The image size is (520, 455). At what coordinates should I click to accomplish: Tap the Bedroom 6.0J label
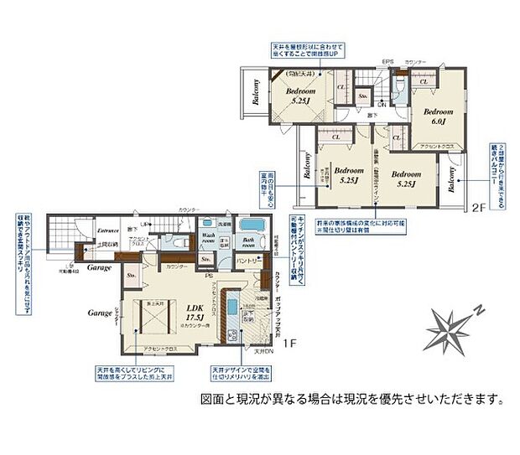tap(436, 116)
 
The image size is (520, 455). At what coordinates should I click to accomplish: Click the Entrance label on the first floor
tap(107, 229)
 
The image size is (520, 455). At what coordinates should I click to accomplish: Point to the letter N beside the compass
tap(477, 310)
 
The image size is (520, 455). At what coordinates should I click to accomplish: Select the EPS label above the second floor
tap(388, 62)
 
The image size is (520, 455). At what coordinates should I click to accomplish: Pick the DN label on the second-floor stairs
tap(382, 102)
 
